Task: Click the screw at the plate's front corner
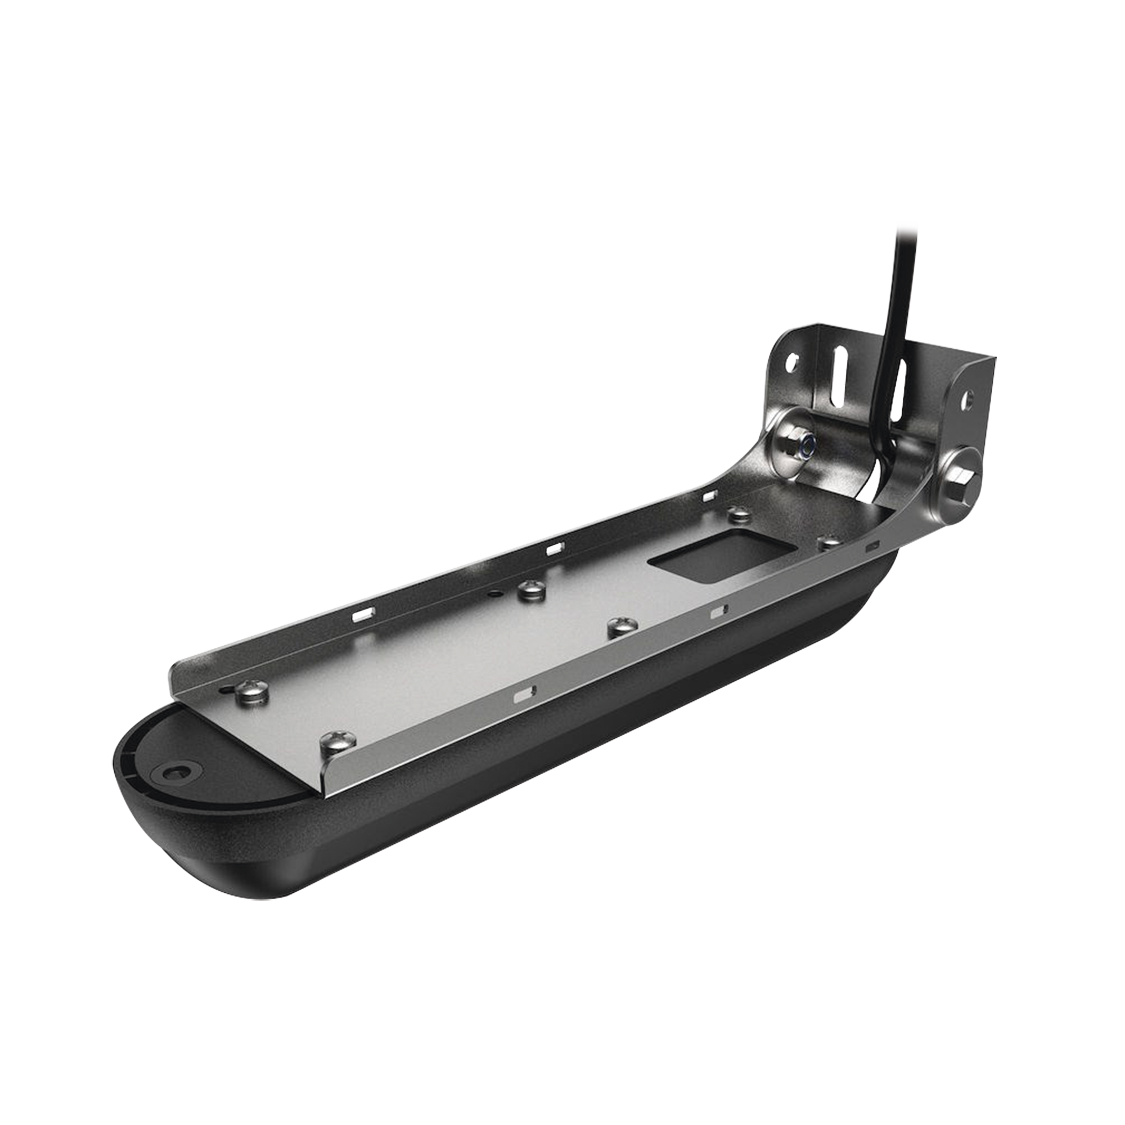[333, 742]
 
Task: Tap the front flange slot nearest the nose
[523, 695]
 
